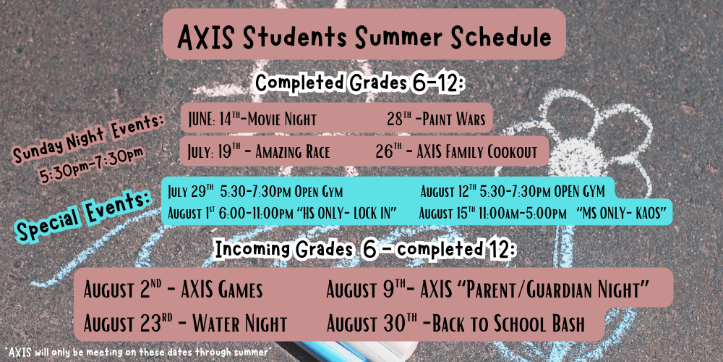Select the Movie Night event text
pos(282,119)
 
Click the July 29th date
pos(191,191)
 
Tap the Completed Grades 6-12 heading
pos(360,83)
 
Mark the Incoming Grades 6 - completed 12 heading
pos(364,251)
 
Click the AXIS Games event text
pos(222,290)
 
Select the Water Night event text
pos(240,324)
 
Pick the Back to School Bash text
pos(509,324)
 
